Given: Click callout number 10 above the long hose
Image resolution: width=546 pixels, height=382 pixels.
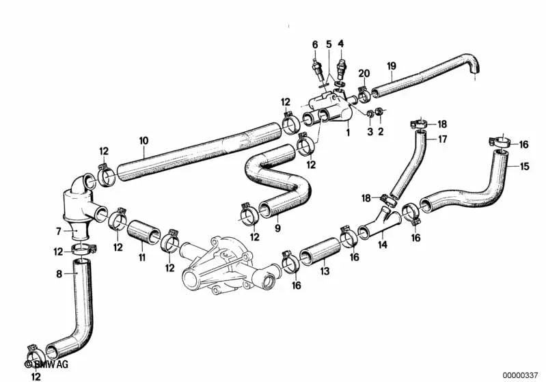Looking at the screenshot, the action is pos(144,141).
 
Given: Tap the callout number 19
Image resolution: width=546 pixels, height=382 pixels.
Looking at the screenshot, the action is pos(392,66).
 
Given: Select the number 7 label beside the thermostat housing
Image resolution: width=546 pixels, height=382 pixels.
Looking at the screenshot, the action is pos(59,231).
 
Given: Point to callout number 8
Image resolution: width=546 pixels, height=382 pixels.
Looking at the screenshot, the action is pos(59,274).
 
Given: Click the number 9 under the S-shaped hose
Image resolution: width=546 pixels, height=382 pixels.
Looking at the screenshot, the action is pos(277,228).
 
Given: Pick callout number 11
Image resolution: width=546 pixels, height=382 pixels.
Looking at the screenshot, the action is pos(142,258).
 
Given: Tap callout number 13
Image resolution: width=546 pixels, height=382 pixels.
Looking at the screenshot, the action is pos(325,271).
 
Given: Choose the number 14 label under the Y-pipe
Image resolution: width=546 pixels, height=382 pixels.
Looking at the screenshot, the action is pos(383,245).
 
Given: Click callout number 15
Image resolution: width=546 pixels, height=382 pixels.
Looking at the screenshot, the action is pos(524,167).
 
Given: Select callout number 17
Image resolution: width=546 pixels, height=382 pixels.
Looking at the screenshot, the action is pos(442,139).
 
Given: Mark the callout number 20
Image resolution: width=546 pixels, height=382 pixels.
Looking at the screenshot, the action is pos(364,74).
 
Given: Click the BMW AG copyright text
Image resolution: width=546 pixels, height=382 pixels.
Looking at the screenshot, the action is pos(46,364).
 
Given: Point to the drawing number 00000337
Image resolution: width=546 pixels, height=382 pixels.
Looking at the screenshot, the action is pos(520,375).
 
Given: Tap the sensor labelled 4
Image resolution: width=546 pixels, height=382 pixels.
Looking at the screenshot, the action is pos(341,68).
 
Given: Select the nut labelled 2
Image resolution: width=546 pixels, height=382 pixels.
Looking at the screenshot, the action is pos(380,112).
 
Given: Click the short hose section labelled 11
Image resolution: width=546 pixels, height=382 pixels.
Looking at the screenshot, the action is pos(144,232).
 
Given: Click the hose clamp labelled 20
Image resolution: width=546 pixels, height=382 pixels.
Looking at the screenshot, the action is pos(364,94).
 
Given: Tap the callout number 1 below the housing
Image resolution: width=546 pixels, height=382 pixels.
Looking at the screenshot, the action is pos(348,133).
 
